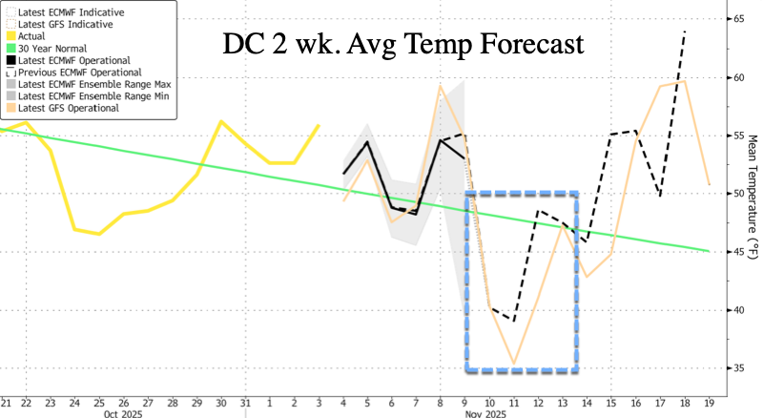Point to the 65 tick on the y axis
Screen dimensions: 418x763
click(739, 18)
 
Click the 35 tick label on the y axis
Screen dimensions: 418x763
click(739, 368)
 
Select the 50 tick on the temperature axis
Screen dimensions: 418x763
click(739, 194)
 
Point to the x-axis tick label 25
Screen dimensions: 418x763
click(100, 402)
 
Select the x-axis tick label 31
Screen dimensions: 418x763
click(244, 402)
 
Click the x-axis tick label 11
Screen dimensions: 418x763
click(514, 402)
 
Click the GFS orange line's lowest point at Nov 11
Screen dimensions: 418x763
click(514, 364)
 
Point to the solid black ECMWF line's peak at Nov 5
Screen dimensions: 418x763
click(367, 141)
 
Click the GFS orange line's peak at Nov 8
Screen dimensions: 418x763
click(440, 86)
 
